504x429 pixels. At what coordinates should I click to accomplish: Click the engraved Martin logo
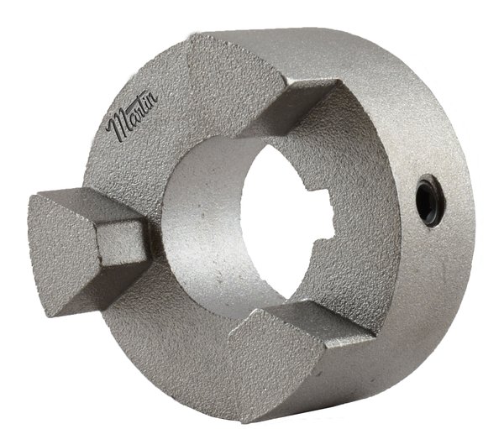(x=132, y=115)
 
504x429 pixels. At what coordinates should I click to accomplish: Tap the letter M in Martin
(x=118, y=126)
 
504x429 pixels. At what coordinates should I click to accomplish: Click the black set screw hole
(x=430, y=200)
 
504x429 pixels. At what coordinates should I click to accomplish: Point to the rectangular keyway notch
(x=324, y=214)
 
